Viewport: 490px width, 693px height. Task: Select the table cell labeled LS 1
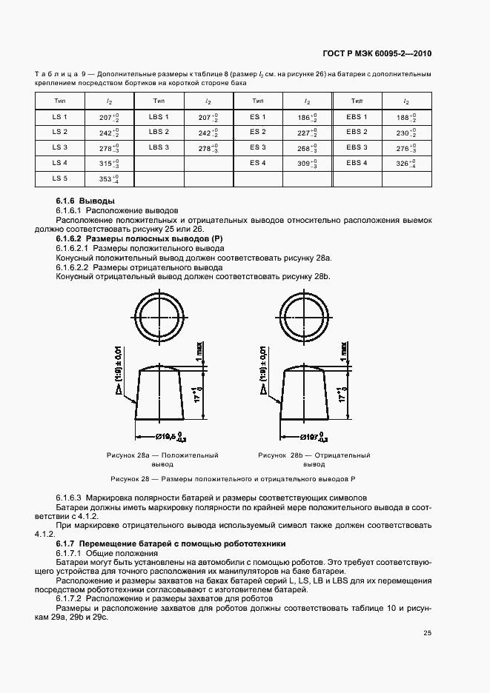click(60, 117)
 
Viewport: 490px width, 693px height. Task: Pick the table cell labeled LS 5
click(60, 178)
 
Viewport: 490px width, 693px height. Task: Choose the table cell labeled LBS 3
click(159, 147)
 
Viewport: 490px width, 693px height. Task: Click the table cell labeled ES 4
click(257, 163)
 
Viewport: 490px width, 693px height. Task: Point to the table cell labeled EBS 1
click(357, 117)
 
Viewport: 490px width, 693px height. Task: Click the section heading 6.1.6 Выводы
click(85, 201)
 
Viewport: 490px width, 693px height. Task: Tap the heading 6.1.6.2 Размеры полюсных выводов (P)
click(139, 239)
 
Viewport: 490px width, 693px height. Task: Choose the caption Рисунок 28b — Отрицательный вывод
click(314, 460)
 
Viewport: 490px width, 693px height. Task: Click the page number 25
click(427, 632)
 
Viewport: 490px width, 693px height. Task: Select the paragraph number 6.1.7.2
click(69, 597)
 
